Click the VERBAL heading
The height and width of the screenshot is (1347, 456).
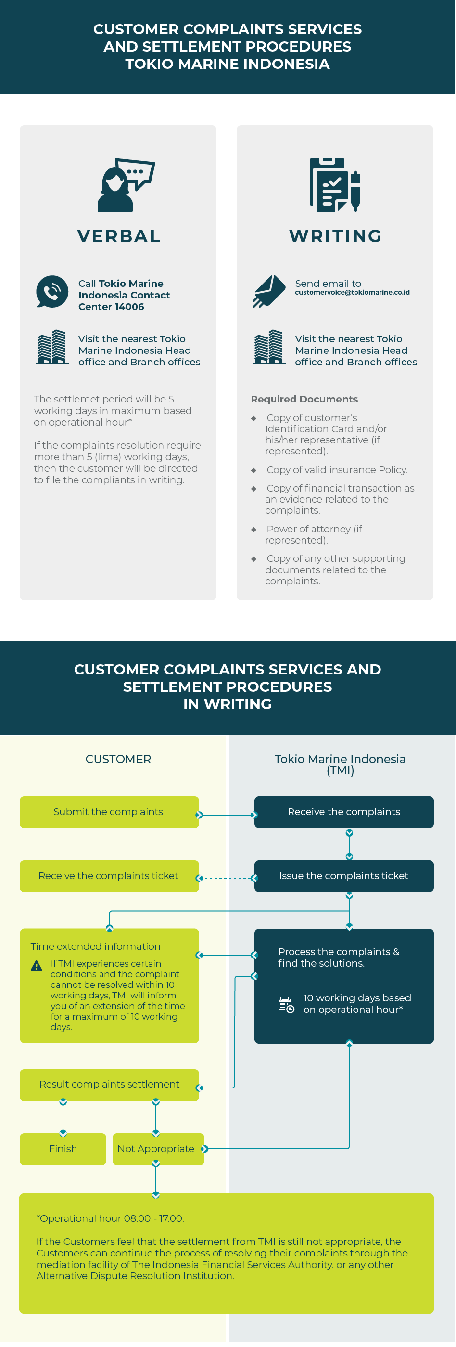pyautogui.click(x=119, y=236)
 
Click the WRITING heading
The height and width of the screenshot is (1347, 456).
pyautogui.click(x=335, y=236)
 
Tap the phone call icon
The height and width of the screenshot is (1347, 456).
pyautogui.click(x=52, y=292)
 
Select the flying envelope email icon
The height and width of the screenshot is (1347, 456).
pyautogui.click(x=269, y=291)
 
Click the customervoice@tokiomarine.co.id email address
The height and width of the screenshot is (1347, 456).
pyautogui.click(x=352, y=292)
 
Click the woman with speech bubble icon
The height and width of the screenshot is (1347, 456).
pyautogui.click(x=126, y=184)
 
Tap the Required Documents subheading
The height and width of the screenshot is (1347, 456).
pyautogui.click(x=304, y=399)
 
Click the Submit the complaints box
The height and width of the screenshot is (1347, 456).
pyautogui.click(x=109, y=812)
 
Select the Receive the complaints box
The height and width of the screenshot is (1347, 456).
pyautogui.click(x=344, y=812)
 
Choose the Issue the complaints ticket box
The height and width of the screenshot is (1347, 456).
pyautogui.click(x=344, y=875)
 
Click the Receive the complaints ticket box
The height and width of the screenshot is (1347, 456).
pyautogui.click(x=109, y=875)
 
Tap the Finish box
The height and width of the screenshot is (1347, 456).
pyautogui.click(x=63, y=1148)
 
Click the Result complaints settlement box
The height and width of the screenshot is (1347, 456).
pyautogui.click(x=109, y=1085)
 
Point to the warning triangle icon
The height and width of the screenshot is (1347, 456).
pyautogui.click(x=37, y=965)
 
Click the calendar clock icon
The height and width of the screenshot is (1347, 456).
pyautogui.click(x=286, y=1005)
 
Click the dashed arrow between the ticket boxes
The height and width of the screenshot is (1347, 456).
pyautogui.click(x=227, y=878)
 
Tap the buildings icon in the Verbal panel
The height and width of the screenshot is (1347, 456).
pyautogui.click(x=52, y=347)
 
